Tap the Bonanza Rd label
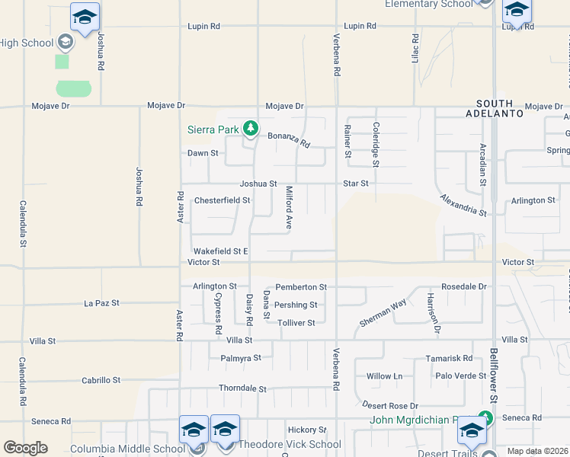tap(289, 139)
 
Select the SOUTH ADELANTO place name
tap(500, 108)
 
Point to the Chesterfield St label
tap(222, 200)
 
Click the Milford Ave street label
tap(289, 208)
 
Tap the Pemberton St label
tap(301, 287)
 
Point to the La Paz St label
tap(101, 303)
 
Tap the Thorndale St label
tap(242, 388)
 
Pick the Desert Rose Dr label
tap(391, 405)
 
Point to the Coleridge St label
tap(376, 144)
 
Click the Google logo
tap(25, 448)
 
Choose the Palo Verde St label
tap(460, 376)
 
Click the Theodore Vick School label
tap(290, 445)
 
